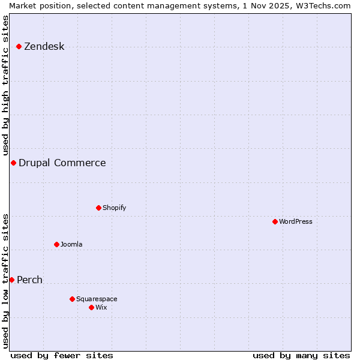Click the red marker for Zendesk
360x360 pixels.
[19, 46]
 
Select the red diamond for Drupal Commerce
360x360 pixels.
[13, 163]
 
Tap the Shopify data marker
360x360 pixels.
[98, 208]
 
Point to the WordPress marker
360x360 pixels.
[275, 221]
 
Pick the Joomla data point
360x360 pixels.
[56, 244]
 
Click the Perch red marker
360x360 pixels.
[11, 280]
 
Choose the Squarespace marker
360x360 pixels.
[72, 299]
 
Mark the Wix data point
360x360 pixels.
[91, 307]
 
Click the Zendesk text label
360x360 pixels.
[44, 47]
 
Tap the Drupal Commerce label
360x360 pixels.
[62, 163]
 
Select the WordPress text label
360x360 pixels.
[295, 221]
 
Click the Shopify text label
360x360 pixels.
[114, 208]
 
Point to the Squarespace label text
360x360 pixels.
[97, 299]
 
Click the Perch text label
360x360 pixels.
[29, 280]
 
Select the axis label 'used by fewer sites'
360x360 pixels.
[62, 355]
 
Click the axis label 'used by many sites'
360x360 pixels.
[301, 355]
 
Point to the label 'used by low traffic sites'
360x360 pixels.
[6, 280]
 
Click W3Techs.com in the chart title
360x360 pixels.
[322, 5]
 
